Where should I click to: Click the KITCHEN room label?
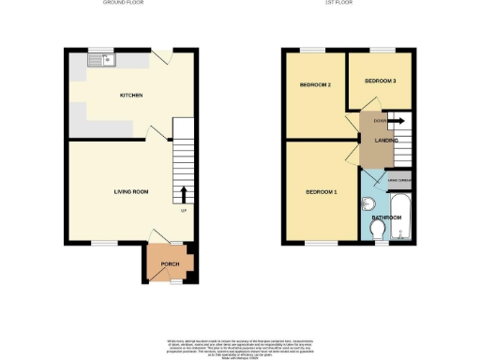point(129,96)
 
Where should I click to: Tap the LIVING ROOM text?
point(131,191)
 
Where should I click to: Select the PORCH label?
point(171,263)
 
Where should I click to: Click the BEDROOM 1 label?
point(321,193)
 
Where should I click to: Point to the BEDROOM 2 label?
point(316,85)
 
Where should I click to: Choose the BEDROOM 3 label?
point(381,81)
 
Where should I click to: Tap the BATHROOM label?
point(386,217)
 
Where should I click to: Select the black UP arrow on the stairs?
point(183,194)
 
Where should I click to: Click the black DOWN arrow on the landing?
point(396,121)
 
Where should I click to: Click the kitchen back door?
point(162,58)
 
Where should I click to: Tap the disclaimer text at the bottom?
point(240,343)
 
